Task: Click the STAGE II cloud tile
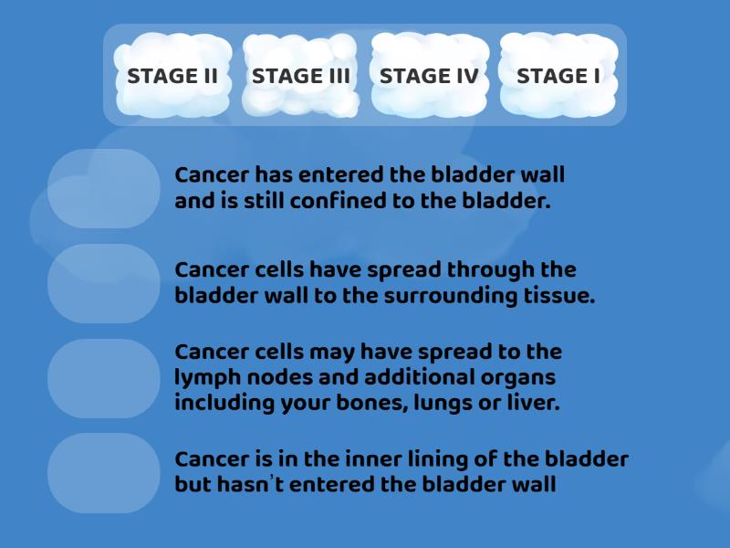tap(172, 76)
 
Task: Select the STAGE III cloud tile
tap(301, 76)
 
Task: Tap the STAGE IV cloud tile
tap(429, 76)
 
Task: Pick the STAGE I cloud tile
tap(558, 76)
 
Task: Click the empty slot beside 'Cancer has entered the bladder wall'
tap(103, 188)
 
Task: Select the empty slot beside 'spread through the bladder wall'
tap(103, 283)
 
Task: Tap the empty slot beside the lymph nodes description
tap(103, 378)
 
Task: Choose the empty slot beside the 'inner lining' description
tap(103, 472)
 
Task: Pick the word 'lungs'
tap(443, 403)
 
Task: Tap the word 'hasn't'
tap(249, 485)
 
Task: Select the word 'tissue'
tap(563, 296)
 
